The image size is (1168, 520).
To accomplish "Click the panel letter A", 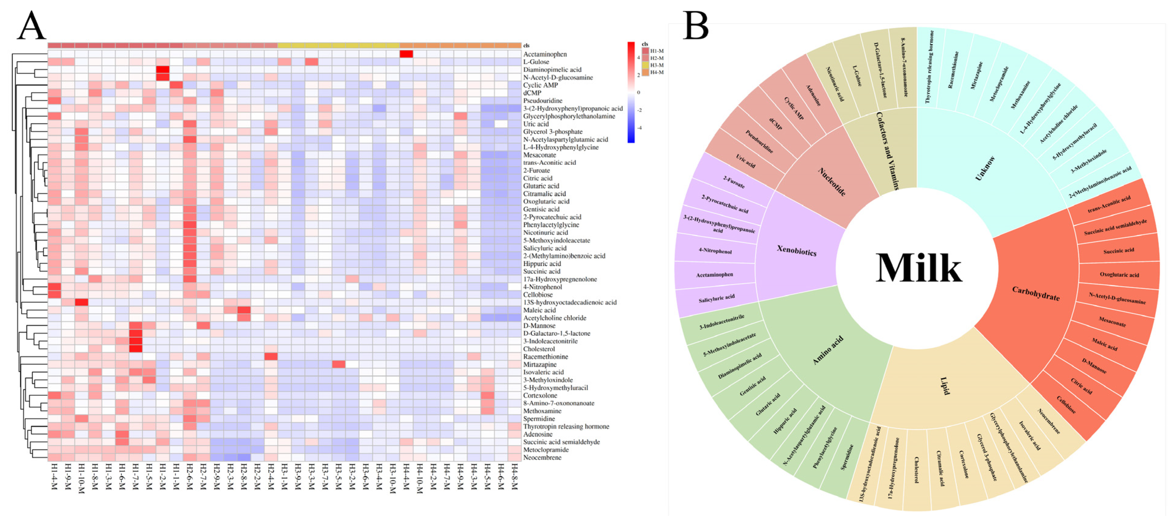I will pyautogui.click(x=31, y=26).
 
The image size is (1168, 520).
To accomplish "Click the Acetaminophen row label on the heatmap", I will pyautogui.click(x=545, y=54).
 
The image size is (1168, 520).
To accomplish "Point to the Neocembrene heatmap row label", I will pyautogui.click(x=542, y=457).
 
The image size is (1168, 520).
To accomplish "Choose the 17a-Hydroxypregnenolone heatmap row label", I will pyautogui.click(x=560, y=279).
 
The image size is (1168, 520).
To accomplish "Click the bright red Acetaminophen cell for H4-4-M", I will pyautogui.click(x=406, y=54).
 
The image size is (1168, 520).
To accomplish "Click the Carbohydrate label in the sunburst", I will pyautogui.click(x=1036, y=294).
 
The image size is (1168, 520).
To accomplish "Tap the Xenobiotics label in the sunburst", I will pyautogui.click(x=797, y=250).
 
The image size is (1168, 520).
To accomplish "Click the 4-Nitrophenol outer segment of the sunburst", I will pyautogui.click(x=715, y=251).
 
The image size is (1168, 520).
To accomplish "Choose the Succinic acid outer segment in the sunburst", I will pyautogui.click(x=1118, y=250).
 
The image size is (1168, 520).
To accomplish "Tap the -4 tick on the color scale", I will pyautogui.click(x=639, y=128).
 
